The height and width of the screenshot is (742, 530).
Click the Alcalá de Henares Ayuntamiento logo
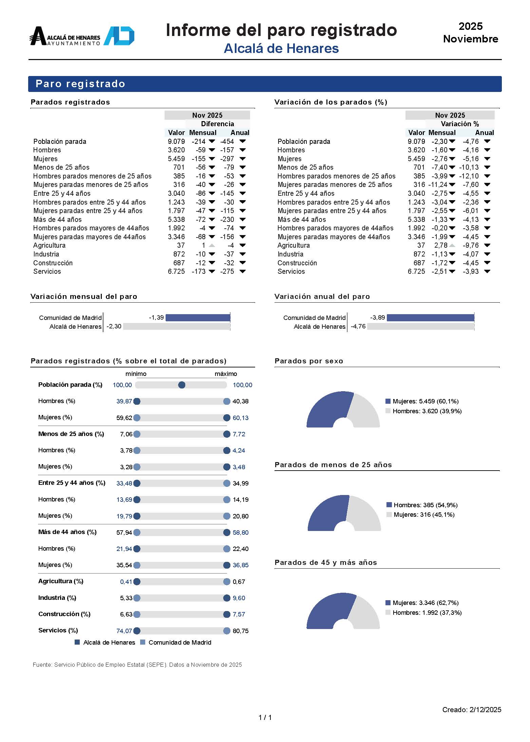coord(82,36)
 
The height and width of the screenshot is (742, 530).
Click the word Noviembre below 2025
coord(470,39)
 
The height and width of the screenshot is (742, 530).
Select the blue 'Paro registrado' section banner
coord(265,84)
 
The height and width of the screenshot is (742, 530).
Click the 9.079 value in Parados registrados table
coord(176,141)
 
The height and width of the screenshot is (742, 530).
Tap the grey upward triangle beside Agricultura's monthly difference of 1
coord(212,245)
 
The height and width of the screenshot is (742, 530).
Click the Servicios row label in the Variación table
coord(291,271)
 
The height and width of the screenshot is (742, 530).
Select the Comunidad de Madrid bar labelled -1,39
coord(198,318)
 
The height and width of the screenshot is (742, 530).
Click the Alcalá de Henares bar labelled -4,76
coord(420,326)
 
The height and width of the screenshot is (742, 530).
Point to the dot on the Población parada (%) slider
coord(182,385)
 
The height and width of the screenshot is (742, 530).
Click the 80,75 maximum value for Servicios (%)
coord(241,631)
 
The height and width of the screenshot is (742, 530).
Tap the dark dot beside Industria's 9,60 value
coord(227,598)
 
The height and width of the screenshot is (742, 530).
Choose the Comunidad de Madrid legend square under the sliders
coord(143,642)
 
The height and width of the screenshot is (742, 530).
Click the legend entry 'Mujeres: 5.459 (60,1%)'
coord(425,401)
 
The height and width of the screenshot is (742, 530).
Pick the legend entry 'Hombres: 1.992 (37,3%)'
coord(427,612)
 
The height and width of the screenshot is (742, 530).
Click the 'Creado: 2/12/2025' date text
coord(471,709)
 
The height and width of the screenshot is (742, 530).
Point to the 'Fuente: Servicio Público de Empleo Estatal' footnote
coord(137,665)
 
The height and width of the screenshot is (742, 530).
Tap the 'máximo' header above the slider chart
coord(226,374)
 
